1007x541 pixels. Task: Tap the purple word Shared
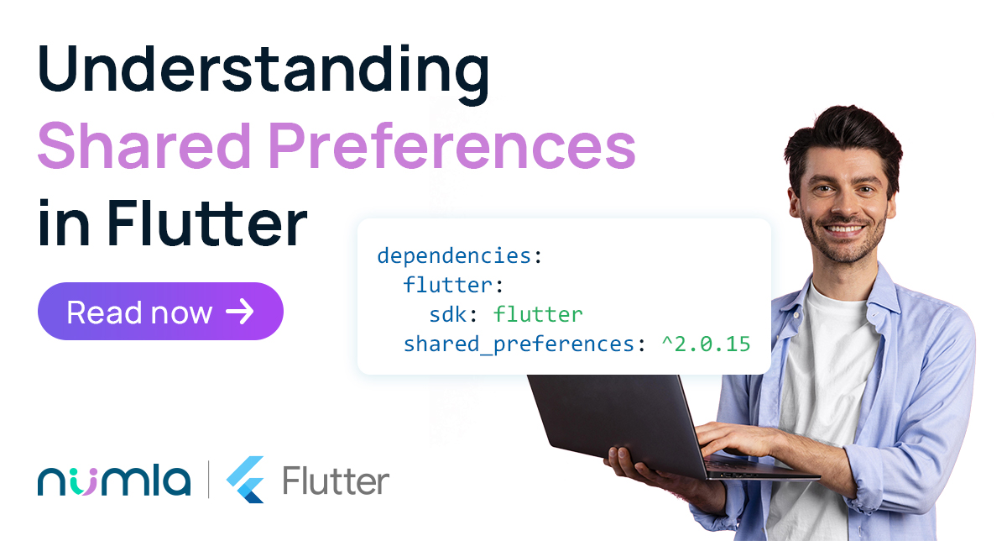[143, 146]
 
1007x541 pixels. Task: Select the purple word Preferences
[452, 146]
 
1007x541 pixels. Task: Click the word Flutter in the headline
[207, 223]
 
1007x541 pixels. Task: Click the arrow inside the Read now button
[240, 312]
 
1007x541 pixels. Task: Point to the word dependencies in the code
[455, 255]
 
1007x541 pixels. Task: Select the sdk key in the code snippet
[448, 314]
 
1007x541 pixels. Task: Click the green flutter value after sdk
[538, 313]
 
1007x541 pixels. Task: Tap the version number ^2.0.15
[706, 344]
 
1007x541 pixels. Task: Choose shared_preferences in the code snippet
[519, 344]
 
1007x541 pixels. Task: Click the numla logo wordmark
[114, 481]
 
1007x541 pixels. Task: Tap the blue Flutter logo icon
[245, 480]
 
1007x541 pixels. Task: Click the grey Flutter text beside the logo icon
[336, 481]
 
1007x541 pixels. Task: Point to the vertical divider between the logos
[209, 480]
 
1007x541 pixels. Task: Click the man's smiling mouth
[844, 230]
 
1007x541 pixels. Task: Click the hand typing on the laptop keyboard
[738, 439]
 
